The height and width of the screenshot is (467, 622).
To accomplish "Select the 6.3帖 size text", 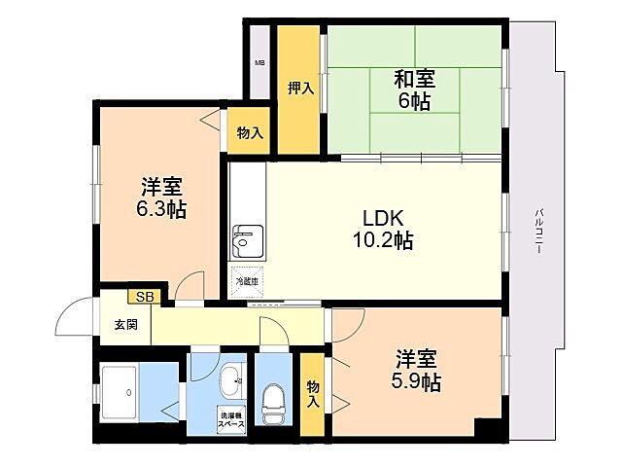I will tap(162, 209).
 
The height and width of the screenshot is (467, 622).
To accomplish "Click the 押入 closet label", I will tap(300, 89).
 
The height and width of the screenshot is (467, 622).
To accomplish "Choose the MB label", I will tap(259, 63).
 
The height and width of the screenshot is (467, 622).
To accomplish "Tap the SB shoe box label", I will tap(144, 297).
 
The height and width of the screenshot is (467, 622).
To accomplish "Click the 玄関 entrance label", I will tap(125, 325).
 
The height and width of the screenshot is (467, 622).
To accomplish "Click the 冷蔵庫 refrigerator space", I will tap(246, 281).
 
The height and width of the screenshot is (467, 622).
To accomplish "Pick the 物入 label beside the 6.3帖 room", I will tap(250, 132).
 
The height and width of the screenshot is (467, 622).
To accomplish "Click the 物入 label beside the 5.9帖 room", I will tap(313, 393).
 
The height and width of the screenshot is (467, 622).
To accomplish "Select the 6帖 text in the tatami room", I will tap(414, 102).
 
